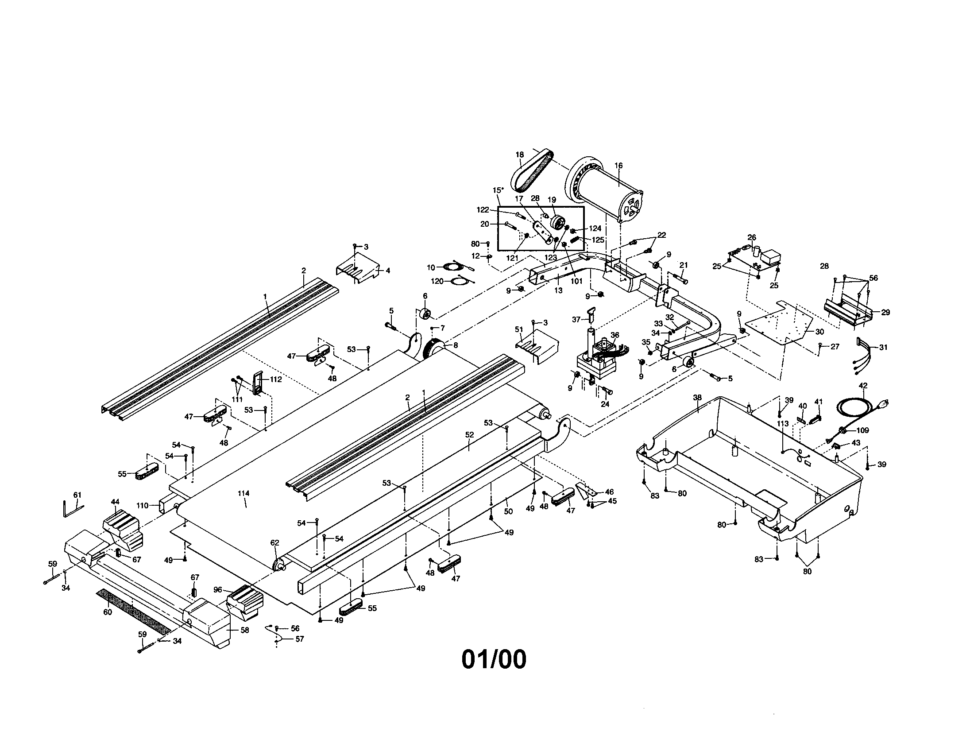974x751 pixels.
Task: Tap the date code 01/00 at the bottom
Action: click(494, 660)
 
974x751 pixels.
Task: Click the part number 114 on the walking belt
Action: click(243, 493)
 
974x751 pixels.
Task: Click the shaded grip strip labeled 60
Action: click(134, 612)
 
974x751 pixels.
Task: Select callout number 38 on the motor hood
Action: click(697, 397)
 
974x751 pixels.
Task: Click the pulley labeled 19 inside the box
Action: click(557, 221)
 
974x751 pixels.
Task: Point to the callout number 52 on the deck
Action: click(469, 434)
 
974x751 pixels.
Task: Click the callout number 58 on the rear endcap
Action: click(245, 630)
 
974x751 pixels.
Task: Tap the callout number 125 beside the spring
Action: click(598, 240)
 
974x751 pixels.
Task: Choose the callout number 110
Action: click(142, 506)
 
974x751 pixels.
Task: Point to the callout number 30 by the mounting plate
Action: click(819, 331)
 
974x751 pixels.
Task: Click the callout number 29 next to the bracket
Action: click(885, 312)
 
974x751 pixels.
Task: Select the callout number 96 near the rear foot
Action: click(218, 589)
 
